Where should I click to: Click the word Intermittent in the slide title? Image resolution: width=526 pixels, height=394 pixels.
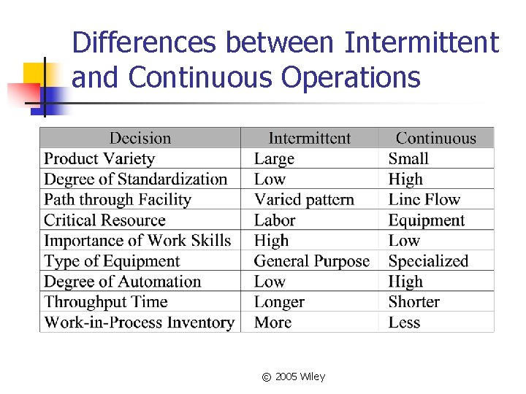(x=421, y=43)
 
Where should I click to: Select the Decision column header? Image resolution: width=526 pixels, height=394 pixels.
(x=140, y=138)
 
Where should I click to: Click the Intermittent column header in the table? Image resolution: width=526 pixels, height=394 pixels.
(x=309, y=138)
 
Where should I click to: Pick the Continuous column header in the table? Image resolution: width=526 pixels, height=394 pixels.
(x=435, y=138)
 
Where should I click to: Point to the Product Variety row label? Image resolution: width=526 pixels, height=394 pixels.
(x=99, y=158)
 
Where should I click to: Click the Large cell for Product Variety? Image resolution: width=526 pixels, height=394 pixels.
(x=274, y=158)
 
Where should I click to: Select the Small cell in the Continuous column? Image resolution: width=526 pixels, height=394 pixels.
(x=408, y=158)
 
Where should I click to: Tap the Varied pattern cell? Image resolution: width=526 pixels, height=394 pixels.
(x=304, y=199)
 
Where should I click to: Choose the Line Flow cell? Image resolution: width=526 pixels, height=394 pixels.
(x=424, y=199)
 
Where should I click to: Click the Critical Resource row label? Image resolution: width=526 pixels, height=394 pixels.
(x=104, y=220)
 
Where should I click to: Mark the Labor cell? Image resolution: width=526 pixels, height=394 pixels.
(x=275, y=220)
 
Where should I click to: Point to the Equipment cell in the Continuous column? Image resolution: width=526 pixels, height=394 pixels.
(x=427, y=220)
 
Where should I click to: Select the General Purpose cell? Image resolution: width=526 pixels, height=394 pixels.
(x=312, y=260)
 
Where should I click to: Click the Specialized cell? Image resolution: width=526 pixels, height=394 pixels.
(x=428, y=260)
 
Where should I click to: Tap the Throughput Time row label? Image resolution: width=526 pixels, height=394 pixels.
(x=106, y=301)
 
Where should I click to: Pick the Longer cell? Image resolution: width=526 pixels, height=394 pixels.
(x=279, y=301)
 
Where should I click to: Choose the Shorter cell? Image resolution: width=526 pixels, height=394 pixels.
(x=414, y=301)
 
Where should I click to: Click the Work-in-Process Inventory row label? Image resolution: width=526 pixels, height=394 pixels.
(x=140, y=322)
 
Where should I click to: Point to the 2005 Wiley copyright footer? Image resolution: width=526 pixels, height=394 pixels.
(x=294, y=376)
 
